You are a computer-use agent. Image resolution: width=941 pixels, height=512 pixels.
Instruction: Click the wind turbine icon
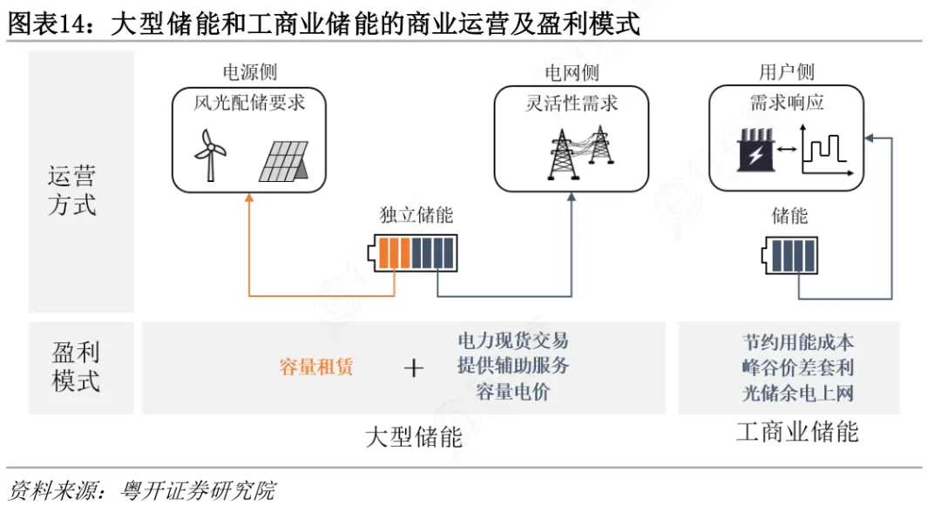coord(209,155)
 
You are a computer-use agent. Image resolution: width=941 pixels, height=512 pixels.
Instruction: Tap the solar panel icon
coord(284,161)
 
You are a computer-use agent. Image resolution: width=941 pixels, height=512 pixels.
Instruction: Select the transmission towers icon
coord(580,152)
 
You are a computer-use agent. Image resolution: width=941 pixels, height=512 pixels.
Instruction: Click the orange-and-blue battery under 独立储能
coord(413,253)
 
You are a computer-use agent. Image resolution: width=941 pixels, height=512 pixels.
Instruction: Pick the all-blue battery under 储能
coord(789,255)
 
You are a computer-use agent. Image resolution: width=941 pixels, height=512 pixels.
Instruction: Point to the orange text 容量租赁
coord(315,367)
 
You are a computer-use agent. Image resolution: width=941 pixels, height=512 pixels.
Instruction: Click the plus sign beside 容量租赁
coord(414,367)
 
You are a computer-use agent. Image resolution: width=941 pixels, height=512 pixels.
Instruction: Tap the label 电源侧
coord(250,72)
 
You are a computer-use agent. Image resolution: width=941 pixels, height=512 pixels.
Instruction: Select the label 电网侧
coord(572,73)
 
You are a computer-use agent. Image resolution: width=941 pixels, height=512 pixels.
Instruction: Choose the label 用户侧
coord(786,72)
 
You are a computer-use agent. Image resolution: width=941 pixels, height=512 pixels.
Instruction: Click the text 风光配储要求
coord(249,103)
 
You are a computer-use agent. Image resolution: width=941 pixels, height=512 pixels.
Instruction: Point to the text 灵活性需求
coord(572,103)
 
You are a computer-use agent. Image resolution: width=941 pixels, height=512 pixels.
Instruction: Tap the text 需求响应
coord(786,103)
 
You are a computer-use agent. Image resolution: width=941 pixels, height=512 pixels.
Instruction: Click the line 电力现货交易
coord(513,340)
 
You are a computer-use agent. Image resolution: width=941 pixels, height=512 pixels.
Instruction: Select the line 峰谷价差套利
coord(797,367)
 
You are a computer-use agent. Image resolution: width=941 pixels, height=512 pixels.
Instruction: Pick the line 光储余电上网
coord(797,394)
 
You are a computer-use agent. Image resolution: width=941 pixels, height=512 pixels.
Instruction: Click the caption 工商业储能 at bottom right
coord(797,432)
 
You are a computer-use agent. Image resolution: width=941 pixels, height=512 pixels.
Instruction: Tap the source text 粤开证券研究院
coord(198,490)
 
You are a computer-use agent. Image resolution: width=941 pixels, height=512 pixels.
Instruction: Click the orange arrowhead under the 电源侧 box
coord(249,198)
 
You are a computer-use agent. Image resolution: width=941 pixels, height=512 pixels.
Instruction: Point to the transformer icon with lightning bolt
coord(756,150)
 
